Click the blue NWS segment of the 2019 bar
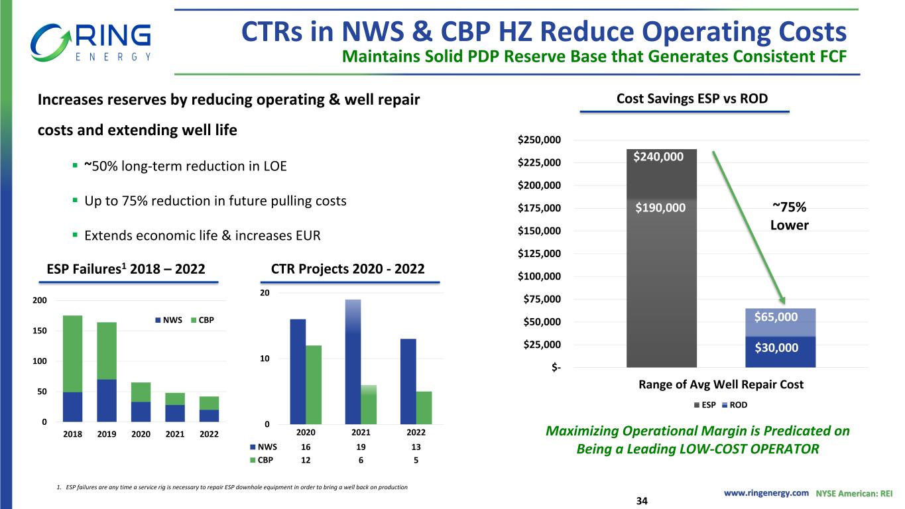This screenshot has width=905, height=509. [x=107, y=400]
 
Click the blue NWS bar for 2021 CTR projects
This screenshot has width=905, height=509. [x=353, y=361]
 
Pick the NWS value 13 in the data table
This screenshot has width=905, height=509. [x=415, y=447]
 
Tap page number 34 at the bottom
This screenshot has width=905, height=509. [x=640, y=500]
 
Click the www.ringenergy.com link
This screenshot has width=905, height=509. [x=766, y=492]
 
